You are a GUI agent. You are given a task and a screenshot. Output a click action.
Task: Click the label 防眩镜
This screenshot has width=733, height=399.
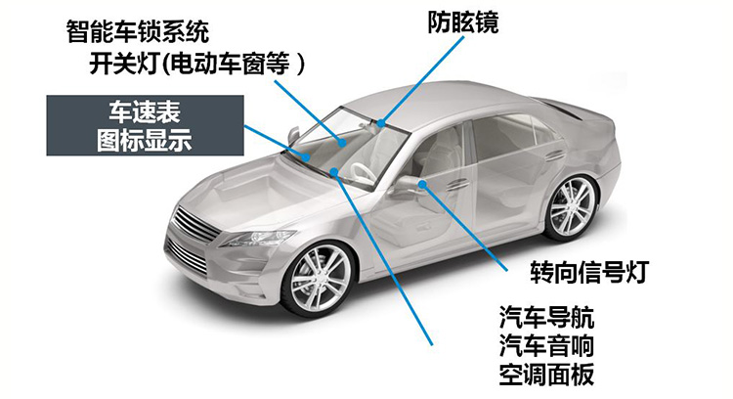pyautogui.click(x=463, y=22)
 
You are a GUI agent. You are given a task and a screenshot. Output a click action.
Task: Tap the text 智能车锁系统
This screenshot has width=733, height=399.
pyautogui.click(x=138, y=32)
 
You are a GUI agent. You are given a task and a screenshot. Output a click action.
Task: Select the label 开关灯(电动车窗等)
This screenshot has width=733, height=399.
pyautogui.click(x=196, y=64)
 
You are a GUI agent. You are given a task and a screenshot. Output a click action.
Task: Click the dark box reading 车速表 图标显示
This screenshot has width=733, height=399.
pyautogui.click(x=145, y=125)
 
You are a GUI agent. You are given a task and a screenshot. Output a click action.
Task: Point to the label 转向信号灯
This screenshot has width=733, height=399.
pyautogui.click(x=589, y=272)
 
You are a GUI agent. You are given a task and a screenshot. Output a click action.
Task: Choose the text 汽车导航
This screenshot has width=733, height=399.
pyautogui.click(x=546, y=318)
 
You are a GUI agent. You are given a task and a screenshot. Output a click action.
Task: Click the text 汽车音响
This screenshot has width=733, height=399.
pyautogui.click(x=546, y=345)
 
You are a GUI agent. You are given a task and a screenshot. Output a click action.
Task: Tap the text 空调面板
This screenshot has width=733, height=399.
pyautogui.click(x=546, y=374)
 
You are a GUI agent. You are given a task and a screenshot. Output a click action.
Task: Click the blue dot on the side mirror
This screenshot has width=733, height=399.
pyautogui.click(x=422, y=184)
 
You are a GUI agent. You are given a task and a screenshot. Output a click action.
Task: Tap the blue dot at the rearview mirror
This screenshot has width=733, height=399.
pyautogui.click(x=381, y=123)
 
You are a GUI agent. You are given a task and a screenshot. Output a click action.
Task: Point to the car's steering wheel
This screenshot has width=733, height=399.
pyautogui.click(x=362, y=173)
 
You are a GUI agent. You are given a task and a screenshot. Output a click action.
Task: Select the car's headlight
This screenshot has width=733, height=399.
pyautogui.click(x=258, y=238)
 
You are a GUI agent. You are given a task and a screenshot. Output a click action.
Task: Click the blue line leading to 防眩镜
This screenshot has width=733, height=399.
pyautogui.click(x=422, y=79)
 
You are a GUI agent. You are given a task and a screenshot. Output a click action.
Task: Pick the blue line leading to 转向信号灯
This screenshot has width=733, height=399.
pyautogui.click(x=464, y=228)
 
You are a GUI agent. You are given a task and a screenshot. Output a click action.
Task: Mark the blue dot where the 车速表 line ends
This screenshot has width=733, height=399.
pyautogui.click(x=306, y=157)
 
